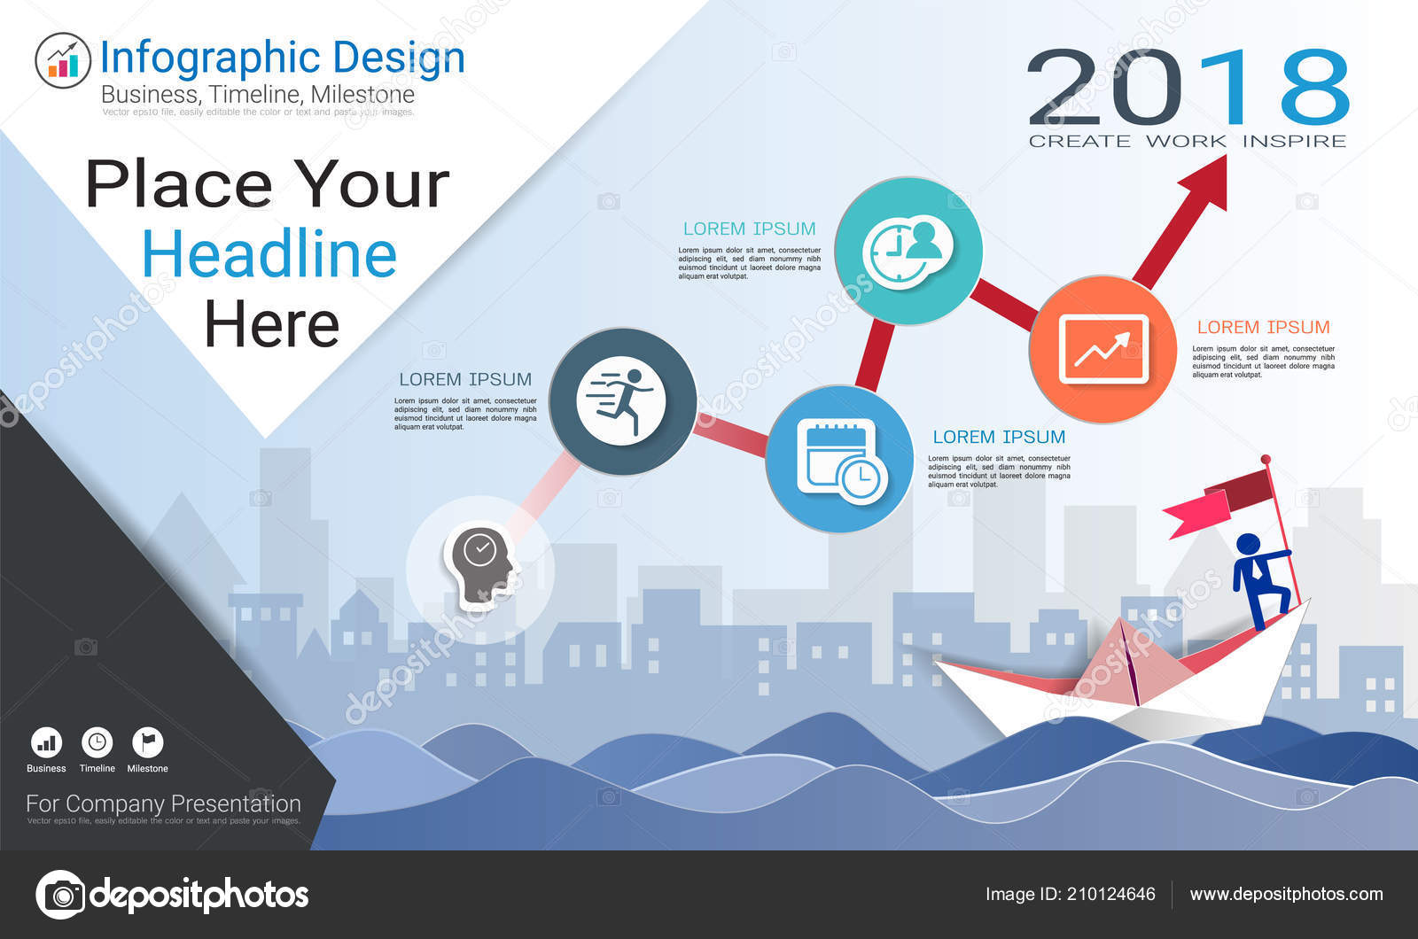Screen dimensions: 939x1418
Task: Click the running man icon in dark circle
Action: [x=622, y=401]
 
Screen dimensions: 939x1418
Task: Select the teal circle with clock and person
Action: [x=908, y=251]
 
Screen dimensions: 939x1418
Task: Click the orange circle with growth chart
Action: [x=1103, y=349]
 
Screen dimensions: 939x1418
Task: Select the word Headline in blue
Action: [x=269, y=255]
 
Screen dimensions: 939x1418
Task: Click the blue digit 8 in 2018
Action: [x=1314, y=87]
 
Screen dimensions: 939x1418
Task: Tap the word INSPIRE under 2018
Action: [x=1294, y=141]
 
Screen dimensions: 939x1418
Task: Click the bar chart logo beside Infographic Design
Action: [x=62, y=60]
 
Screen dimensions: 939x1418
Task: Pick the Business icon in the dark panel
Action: [x=46, y=742]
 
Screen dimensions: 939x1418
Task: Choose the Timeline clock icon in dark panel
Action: [x=97, y=742]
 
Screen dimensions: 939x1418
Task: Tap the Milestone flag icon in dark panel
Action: [x=147, y=742]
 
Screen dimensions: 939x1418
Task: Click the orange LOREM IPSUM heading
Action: [x=1263, y=327]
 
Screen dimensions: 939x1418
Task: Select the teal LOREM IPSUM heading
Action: [x=749, y=229]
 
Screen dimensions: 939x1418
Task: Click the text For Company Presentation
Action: [x=163, y=803]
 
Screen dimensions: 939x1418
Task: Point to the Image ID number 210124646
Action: [x=1110, y=894]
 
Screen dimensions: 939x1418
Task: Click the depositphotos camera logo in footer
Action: [x=61, y=895]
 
